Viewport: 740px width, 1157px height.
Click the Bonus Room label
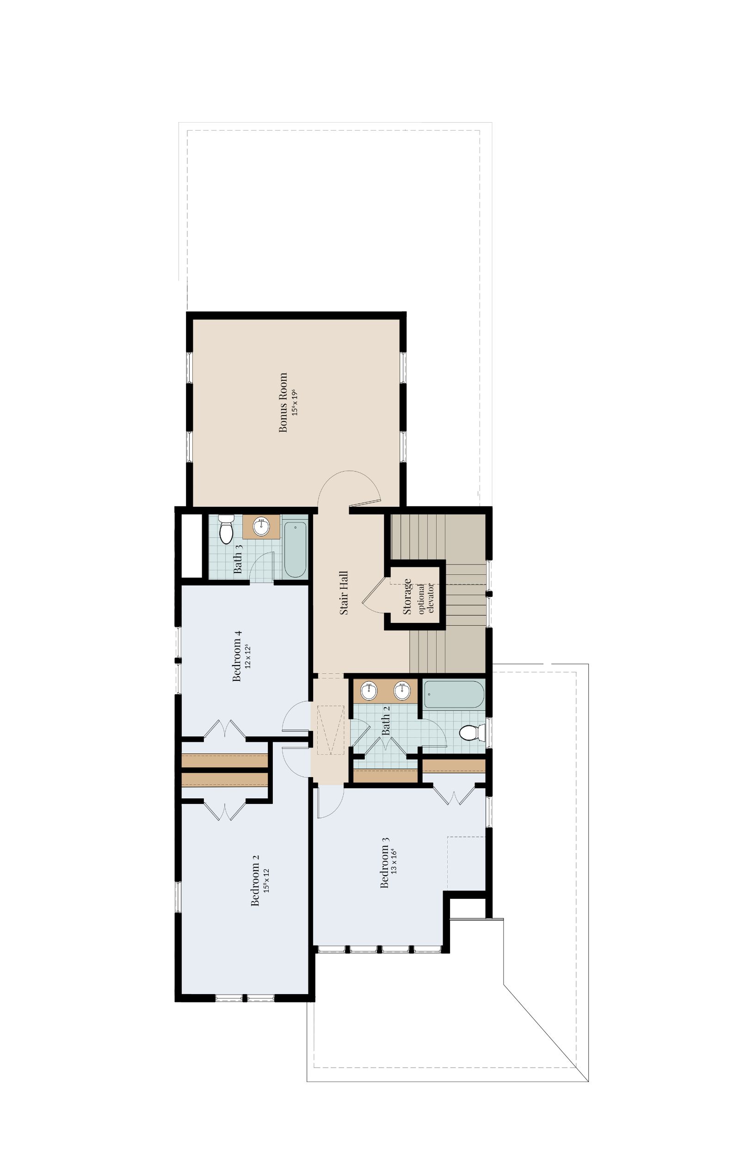click(284, 402)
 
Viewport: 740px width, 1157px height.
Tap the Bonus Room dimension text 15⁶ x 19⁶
click(296, 402)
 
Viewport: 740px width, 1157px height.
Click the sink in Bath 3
click(261, 527)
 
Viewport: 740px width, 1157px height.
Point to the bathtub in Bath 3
click(295, 549)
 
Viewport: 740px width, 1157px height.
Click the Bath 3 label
click(238, 560)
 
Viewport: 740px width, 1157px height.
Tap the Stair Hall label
click(344, 593)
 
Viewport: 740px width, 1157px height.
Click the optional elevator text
click(426, 598)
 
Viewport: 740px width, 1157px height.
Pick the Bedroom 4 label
click(236, 656)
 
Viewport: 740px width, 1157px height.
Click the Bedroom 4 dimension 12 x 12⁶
click(248, 656)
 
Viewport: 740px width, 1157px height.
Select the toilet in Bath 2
click(470, 733)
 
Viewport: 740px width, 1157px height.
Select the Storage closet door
click(372, 595)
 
